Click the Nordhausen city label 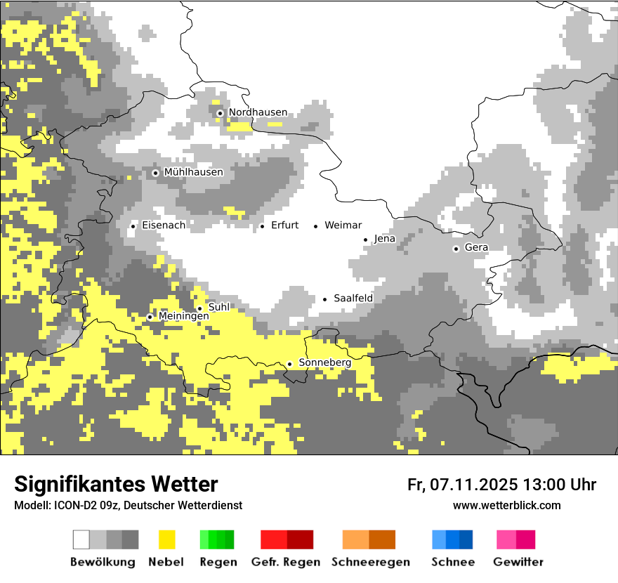258,112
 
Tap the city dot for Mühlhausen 155,173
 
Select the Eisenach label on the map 164,225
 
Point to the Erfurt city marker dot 262,226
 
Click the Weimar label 343,225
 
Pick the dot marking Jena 365,240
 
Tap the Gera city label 476,248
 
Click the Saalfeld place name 353,299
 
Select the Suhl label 219,307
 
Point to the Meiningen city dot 150,317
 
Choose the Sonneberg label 324,362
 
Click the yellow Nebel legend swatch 166,539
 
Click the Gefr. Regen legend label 286,562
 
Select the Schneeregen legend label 370,562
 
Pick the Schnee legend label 452,562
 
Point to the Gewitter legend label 518,562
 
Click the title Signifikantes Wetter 116,484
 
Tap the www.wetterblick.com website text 506,505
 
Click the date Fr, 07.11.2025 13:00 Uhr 501,485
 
